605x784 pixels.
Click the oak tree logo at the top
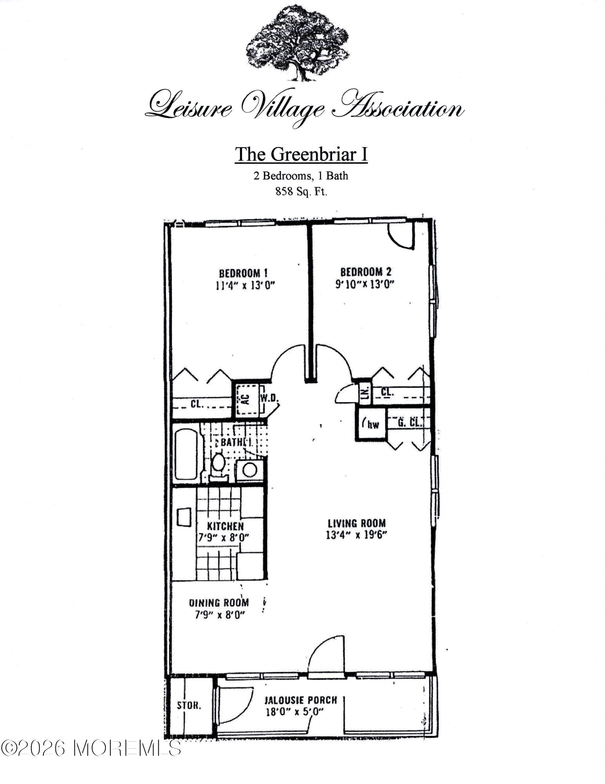[x=297, y=44]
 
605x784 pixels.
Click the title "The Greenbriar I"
[x=301, y=154]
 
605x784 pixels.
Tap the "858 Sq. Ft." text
[x=301, y=192]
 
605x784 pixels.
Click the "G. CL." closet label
[x=410, y=423]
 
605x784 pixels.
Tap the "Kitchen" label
[x=225, y=526]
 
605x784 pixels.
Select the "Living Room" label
[x=356, y=523]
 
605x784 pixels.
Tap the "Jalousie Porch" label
[x=301, y=700]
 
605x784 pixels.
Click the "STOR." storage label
[x=189, y=706]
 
